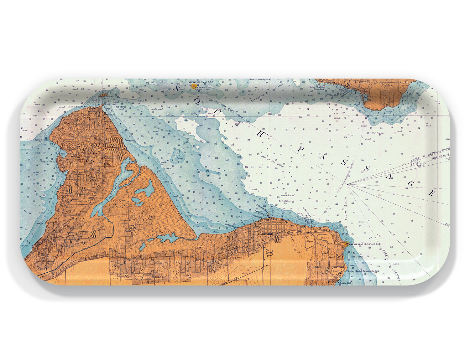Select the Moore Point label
coord(42,140)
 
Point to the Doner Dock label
coord(345,283)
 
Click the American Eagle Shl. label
coord(261,80)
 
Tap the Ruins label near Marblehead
coord(337,228)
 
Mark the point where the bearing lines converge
coord(349,184)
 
